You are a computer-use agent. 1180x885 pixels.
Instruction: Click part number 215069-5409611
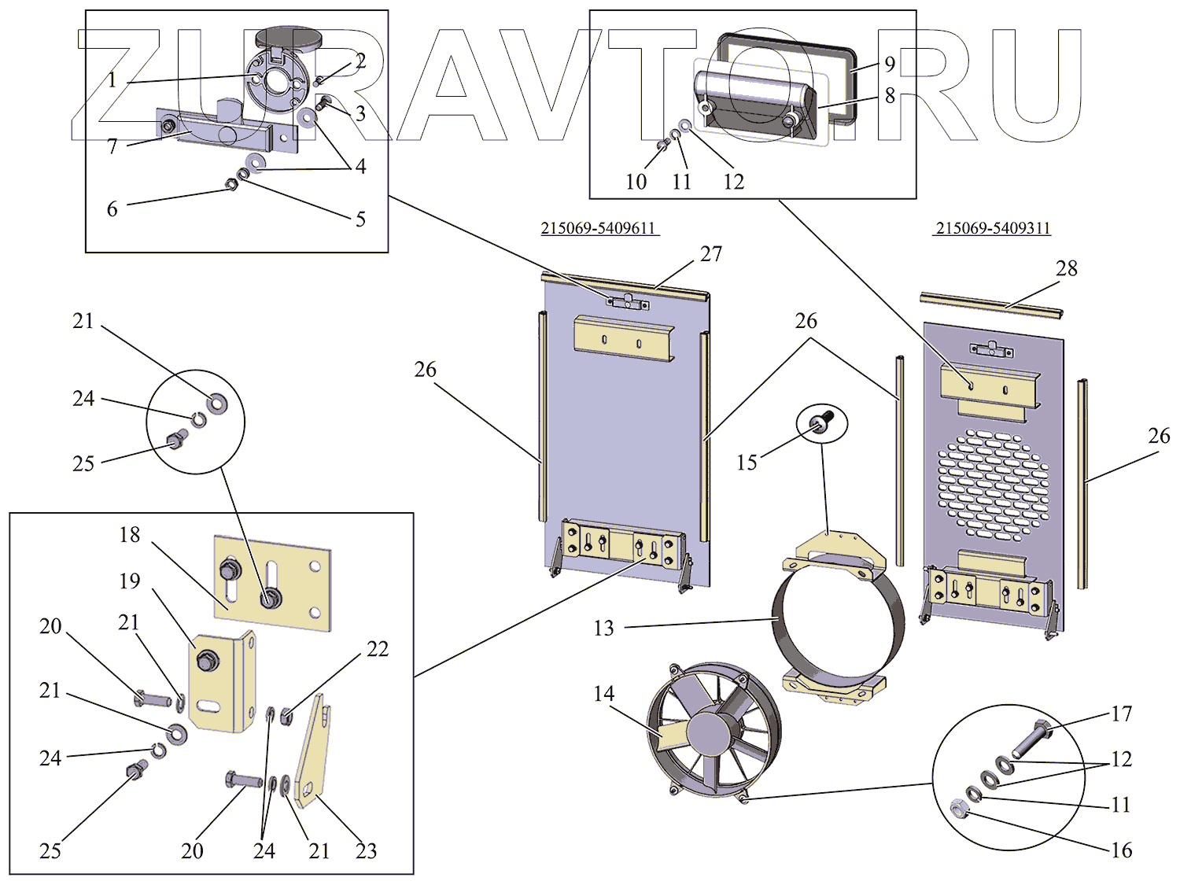599,228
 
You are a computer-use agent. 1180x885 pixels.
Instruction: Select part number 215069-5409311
993,228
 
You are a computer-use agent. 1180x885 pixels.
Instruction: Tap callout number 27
711,254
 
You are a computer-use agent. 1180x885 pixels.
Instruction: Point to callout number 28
1067,268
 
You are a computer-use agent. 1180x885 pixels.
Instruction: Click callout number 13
603,628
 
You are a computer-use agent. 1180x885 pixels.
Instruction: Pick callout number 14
603,694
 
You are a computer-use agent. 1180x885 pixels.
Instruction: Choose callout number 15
747,463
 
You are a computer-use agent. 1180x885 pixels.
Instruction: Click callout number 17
1122,714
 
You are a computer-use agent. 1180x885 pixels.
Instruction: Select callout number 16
1122,850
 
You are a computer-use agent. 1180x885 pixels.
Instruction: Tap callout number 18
130,535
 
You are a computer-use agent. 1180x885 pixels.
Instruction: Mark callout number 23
367,850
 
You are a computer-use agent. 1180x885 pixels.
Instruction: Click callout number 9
890,64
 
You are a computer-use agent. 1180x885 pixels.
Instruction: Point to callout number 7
112,146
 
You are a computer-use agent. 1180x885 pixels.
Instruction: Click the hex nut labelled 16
958,808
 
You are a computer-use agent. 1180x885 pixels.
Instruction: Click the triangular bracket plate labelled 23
313,755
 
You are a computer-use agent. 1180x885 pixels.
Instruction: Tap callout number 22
378,649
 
